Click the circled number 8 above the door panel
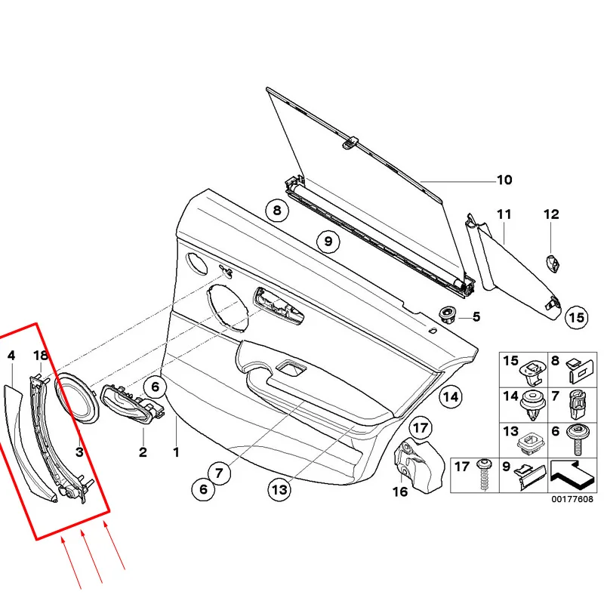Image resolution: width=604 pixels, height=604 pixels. pyautogui.click(x=277, y=211)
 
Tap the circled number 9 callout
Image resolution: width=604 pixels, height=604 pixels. pyautogui.click(x=328, y=242)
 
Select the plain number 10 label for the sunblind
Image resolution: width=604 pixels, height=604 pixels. pyautogui.click(x=504, y=180)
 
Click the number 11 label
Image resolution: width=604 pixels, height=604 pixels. pyautogui.click(x=504, y=214)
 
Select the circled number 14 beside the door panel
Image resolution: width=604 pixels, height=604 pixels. pyautogui.click(x=450, y=396)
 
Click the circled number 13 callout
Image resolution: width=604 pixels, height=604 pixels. pyautogui.click(x=279, y=489)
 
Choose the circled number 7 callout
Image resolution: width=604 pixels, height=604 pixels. pyautogui.click(x=218, y=473)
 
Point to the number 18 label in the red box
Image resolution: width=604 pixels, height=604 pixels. pyautogui.click(x=40, y=355)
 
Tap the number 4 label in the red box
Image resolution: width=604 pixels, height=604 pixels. pyautogui.click(x=11, y=355)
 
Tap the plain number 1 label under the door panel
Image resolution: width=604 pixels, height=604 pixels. pyautogui.click(x=176, y=453)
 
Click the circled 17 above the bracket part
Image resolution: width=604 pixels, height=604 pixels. pyautogui.click(x=421, y=427)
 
